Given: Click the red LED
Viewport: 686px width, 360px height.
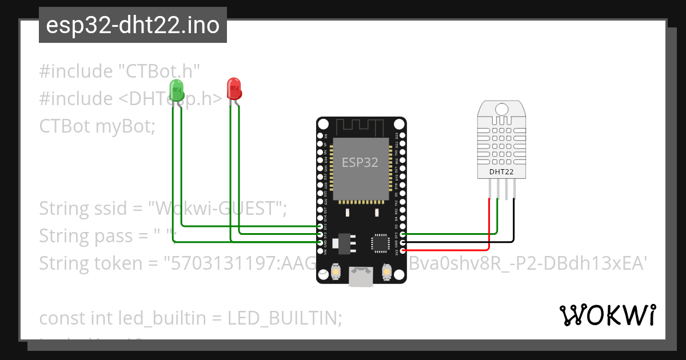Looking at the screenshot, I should pyautogui.click(x=234, y=87).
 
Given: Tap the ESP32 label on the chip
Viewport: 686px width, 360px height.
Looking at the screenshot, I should pyautogui.click(x=360, y=162).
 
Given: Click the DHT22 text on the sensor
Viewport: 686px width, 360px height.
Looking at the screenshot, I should pyautogui.click(x=501, y=171).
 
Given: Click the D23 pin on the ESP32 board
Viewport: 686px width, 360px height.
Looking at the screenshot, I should pyautogui.click(x=402, y=135).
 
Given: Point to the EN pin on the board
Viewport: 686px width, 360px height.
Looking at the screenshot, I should pyautogui.click(x=321, y=136).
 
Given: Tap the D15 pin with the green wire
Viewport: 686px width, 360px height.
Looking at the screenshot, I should pyautogui.click(x=402, y=234).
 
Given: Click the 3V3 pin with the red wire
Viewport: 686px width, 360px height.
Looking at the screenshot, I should pyautogui.click(x=402, y=250).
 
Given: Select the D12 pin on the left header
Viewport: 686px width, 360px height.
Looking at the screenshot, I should pyautogui.click(x=321, y=226).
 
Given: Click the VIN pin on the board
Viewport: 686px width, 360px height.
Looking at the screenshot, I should pyautogui.click(x=321, y=250).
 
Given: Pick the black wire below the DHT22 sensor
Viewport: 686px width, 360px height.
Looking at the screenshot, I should pyautogui.click(x=513, y=223).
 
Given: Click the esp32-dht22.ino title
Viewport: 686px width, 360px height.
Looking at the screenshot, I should pyautogui.click(x=133, y=26).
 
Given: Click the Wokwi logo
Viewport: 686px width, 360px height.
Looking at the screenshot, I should pyautogui.click(x=607, y=315).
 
